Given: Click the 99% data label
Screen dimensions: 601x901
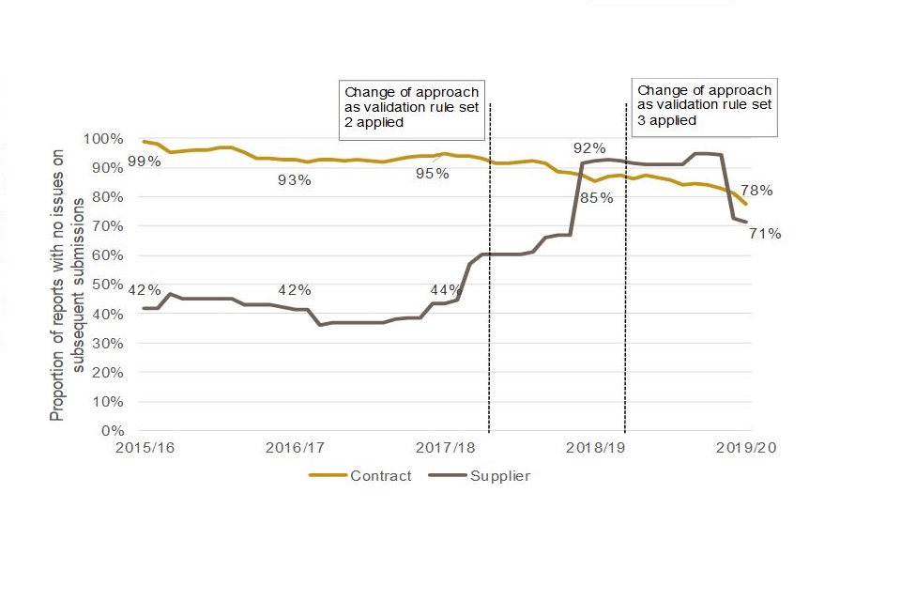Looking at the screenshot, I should [x=145, y=162].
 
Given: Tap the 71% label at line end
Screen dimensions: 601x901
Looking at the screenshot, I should [x=765, y=234].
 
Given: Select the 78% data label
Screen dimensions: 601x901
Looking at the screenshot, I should [x=756, y=191].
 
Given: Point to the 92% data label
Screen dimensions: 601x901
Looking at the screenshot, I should [x=590, y=148].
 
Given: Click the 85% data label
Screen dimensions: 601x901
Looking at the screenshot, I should [x=596, y=198].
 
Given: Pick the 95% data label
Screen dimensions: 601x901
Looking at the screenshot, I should [x=432, y=174].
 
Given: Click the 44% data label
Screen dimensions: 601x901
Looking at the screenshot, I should [x=445, y=289].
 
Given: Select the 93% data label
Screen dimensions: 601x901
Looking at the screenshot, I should [x=294, y=180].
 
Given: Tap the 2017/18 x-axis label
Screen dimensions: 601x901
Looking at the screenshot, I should [x=446, y=448].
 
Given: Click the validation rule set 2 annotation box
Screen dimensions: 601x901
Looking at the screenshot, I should [x=412, y=107].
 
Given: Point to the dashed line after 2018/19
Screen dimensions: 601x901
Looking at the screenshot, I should [x=626, y=282].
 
